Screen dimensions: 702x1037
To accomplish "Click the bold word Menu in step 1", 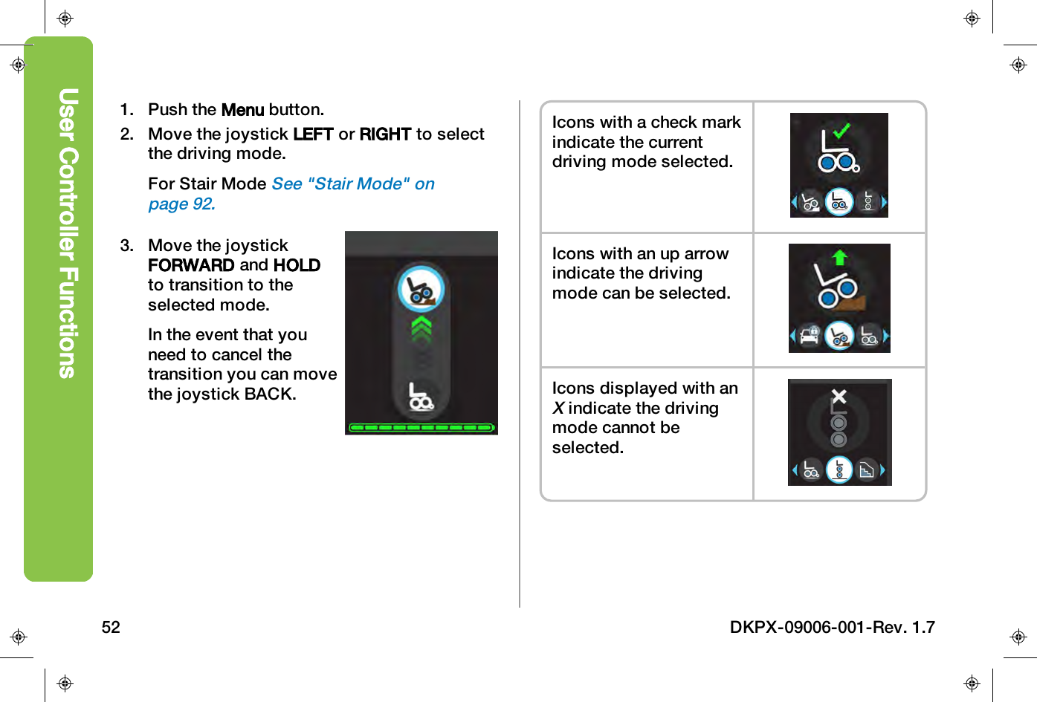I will coord(242,110).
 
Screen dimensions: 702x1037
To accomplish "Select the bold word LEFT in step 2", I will coord(313,134).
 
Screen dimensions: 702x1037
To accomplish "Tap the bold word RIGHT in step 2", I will coord(385,134).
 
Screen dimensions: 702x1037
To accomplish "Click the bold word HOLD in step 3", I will coord(297,265).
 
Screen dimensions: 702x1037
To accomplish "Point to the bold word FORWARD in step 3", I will coord(191,265).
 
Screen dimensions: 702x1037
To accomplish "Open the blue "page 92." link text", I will coord(181,204).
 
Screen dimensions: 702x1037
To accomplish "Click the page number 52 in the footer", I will coord(111,627).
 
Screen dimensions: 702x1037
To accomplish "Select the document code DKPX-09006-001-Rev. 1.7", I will coord(832,627).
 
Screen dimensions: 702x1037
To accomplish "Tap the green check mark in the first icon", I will coord(841,131).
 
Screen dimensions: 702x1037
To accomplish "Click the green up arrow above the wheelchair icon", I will coord(840,258).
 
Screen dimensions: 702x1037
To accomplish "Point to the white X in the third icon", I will coord(839,396).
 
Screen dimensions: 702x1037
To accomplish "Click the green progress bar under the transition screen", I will coord(421,428).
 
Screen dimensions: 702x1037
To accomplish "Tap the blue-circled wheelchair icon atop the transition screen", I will coord(421,289).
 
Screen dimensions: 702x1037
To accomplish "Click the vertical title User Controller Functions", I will coord(68,233).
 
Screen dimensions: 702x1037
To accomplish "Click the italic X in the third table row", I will coord(558,409).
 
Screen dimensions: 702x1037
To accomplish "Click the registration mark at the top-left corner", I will coord(65,19).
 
